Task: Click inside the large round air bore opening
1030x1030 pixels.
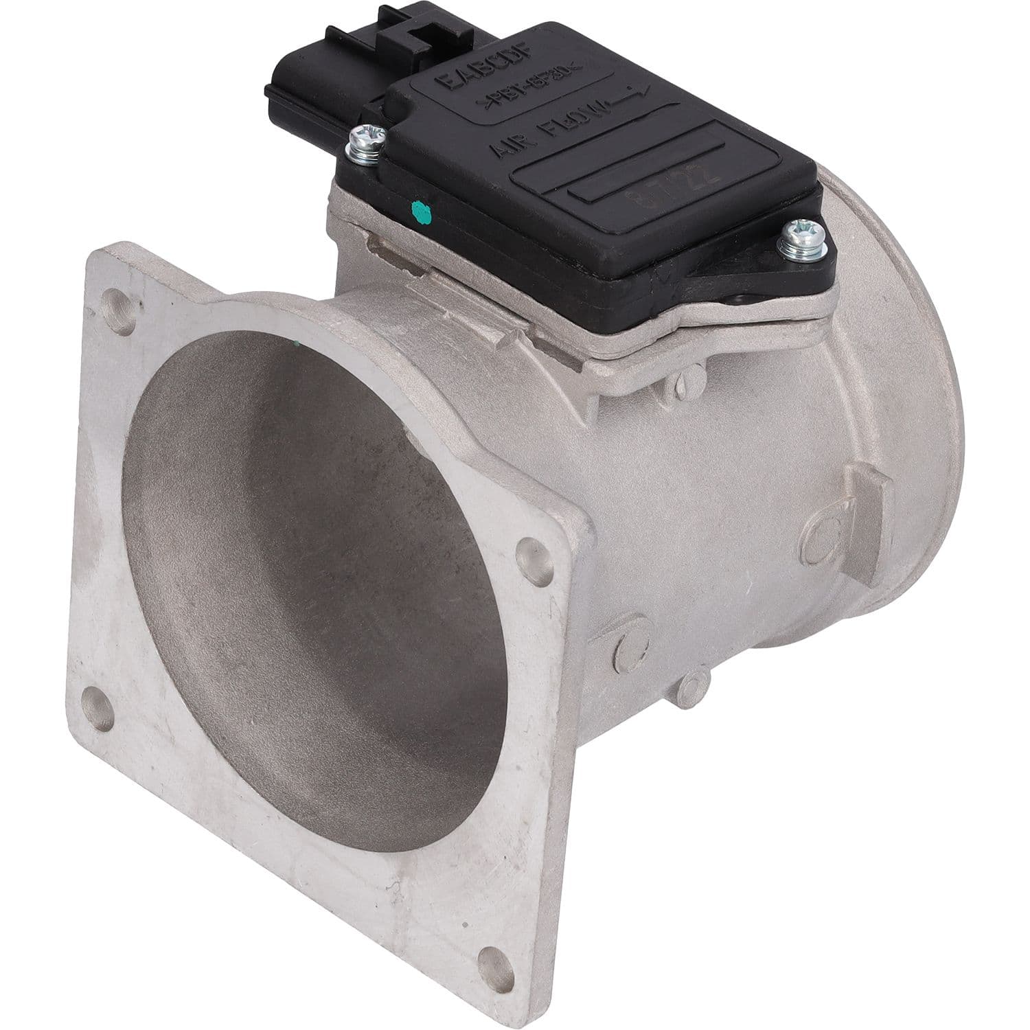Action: tap(309, 618)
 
